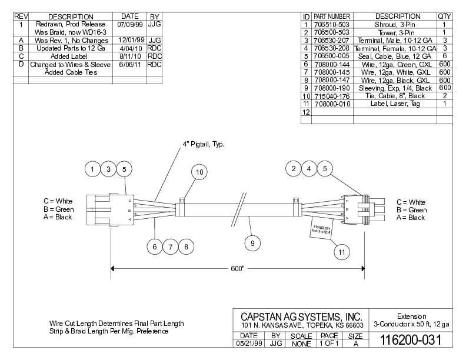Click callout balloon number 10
tap(199, 172)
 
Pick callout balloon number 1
tap(92, 169)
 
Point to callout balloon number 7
tap(171, 247)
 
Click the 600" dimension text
tap(237, 269)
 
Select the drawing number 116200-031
tap(411, 340)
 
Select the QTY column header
tap(445, 16)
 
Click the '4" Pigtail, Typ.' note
tap(203, 144)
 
